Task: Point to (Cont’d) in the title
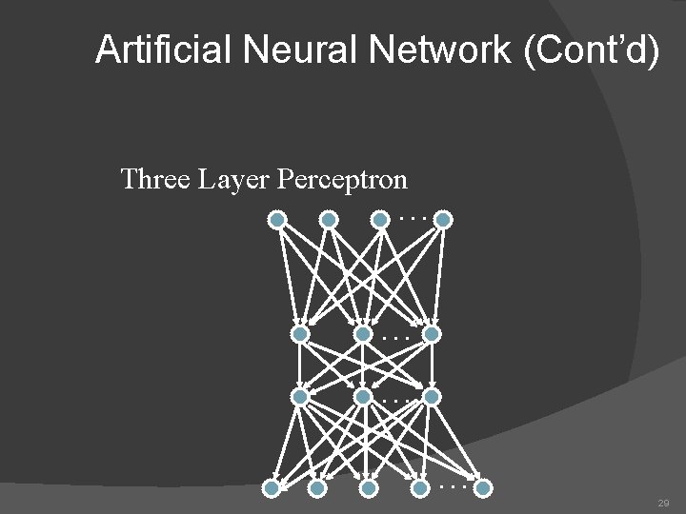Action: [x=591, y=49]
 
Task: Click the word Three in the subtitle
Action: [x=155, y=179]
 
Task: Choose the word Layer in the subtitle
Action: [x=234, y=179]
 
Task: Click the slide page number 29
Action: [x=663, y=503]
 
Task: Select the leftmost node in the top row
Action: [x=277, y=220]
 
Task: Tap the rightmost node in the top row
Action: [x=443, y=220]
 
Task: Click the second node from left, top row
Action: [x=329, y=220]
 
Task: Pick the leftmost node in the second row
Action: [x=300, y=334]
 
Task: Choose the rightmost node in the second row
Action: [x=432, y=334]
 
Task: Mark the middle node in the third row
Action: [x=363, y=396]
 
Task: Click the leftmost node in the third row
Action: [x=300, y=396]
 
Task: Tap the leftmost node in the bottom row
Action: [x=272, y=488]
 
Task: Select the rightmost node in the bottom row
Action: [x=483, y=488]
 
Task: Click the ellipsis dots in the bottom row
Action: [x=452, y=486]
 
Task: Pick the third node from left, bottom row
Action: [x=369, y=488]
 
